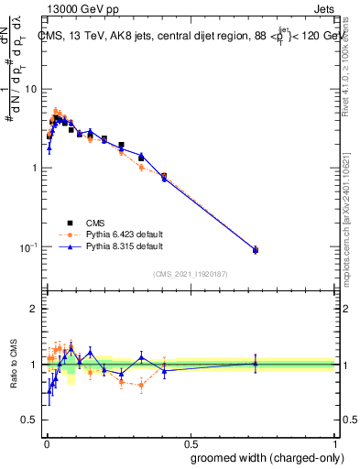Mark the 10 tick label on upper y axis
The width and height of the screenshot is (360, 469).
(x=31, y=89)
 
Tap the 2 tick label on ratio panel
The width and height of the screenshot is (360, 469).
(x=34, y=310)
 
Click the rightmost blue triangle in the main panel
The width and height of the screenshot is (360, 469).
(x=256, y=249)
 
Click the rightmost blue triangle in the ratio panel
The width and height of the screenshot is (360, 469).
(x=256, y=363)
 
